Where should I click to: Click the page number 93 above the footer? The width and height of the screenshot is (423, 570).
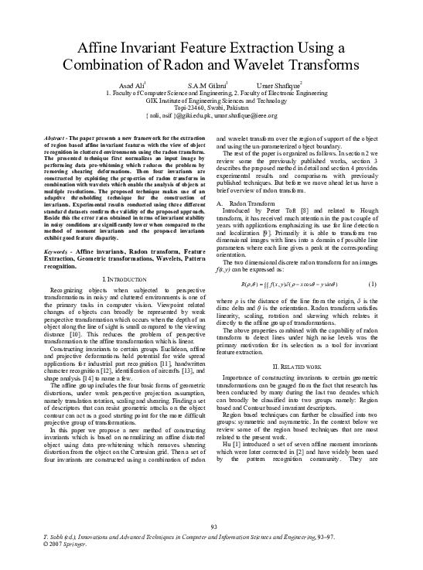[x=211, y=528]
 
